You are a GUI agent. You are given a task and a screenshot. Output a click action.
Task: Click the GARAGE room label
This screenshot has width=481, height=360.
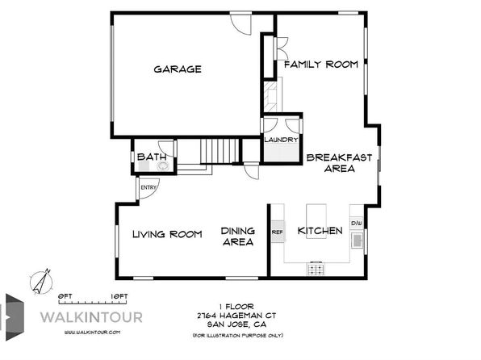[x=178, y=69]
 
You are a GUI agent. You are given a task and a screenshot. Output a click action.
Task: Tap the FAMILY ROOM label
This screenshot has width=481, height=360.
[x=321, y=65]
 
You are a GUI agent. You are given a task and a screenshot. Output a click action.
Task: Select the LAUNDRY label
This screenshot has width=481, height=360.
[x=281, y=140]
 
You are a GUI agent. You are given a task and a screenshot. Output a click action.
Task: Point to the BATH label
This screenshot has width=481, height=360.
[x=152, y=157]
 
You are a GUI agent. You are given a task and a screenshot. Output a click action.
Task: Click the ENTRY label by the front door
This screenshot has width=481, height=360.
[x=148, y=187]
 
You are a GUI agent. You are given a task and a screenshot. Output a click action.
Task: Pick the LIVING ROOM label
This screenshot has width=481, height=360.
[x=167, y=234]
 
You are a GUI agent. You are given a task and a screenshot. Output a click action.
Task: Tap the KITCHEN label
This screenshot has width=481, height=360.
[x=320, y=231]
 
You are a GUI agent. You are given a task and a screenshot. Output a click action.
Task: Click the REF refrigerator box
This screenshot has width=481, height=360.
[x=278, y=232]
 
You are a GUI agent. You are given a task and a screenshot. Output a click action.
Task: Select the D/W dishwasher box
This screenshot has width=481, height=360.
[x=357, y=223]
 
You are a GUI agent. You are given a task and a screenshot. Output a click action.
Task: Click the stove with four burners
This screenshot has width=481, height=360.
[x=316, y=268]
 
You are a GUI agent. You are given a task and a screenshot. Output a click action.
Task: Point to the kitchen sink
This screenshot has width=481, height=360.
[x=357, y=240]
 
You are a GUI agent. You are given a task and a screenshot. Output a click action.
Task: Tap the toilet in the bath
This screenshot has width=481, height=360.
[x=163, y=166]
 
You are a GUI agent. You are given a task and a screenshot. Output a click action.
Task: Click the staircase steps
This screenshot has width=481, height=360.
[x=220, y=151]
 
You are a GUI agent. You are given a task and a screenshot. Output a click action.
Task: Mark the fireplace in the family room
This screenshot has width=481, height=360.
[x=272, y=95]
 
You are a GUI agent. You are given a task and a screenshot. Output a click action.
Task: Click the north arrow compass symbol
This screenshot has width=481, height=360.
[x=41, y=282]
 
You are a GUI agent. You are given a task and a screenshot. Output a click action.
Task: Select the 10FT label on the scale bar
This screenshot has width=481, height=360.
[x=119, y=296]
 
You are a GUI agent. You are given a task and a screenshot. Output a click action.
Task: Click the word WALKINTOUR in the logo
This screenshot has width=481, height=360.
[x=91, y=317]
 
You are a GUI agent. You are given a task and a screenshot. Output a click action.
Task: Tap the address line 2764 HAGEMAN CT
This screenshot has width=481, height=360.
[x=236, y=315]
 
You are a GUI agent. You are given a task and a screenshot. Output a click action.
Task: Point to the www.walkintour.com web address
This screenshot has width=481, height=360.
[x=92, y=333]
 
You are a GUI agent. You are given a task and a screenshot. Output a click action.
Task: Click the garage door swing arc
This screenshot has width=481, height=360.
[x=240, y=28]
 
